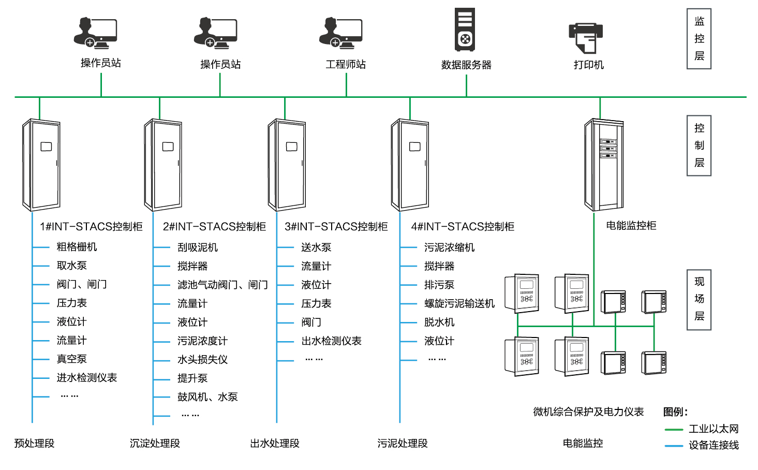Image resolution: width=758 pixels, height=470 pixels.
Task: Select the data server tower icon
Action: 465,30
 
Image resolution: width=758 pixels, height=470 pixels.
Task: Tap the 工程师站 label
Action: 346,64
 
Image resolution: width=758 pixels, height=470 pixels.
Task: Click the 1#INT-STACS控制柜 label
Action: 91,227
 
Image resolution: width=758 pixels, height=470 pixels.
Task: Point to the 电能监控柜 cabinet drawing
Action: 604,164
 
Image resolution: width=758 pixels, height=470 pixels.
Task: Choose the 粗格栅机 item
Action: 77,247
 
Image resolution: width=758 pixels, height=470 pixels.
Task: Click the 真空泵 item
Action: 71,359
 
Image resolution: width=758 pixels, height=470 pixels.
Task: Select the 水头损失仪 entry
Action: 202,360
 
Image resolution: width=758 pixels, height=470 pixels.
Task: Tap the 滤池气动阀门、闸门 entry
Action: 222,285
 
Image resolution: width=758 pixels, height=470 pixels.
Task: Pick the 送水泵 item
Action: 316,248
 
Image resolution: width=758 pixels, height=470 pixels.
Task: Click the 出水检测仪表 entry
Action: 331,341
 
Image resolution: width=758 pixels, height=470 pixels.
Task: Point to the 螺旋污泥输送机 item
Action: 459,304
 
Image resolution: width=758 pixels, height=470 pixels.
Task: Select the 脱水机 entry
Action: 439,322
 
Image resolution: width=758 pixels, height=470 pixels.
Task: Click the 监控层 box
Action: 699,39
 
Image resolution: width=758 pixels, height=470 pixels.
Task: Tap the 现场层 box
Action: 699,300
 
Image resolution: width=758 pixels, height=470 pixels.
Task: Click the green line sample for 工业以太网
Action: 674,430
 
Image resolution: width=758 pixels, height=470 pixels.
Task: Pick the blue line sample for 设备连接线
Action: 674,446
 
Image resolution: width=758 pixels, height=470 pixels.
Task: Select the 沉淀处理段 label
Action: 155,444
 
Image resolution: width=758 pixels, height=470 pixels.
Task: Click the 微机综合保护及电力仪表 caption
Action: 588,412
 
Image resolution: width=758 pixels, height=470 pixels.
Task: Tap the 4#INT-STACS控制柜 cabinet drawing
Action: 410,165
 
